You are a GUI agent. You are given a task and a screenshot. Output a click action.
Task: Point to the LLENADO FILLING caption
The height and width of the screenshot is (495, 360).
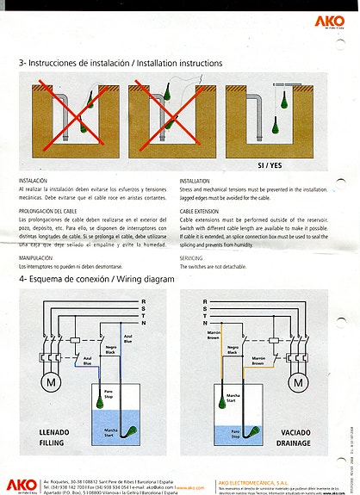pos(45,436)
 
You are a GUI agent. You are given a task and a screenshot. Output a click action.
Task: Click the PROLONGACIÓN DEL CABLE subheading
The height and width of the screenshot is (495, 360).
pos(53,210)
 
